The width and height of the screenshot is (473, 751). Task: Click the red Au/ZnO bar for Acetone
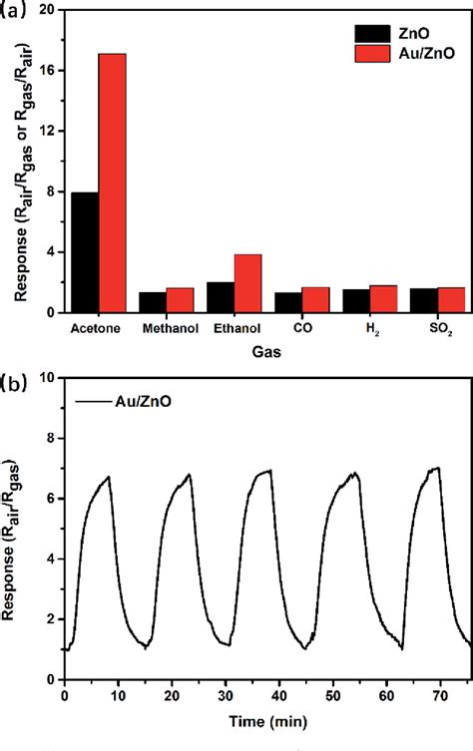click(x=112, y=183)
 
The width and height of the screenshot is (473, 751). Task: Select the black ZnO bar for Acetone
click(x=85, y=251)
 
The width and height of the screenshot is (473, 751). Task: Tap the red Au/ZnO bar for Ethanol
click(x=247, y=283)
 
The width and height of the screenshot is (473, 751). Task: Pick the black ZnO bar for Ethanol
click(x=221, y=296)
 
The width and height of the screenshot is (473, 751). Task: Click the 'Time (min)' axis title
click(x=267, y=719)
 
